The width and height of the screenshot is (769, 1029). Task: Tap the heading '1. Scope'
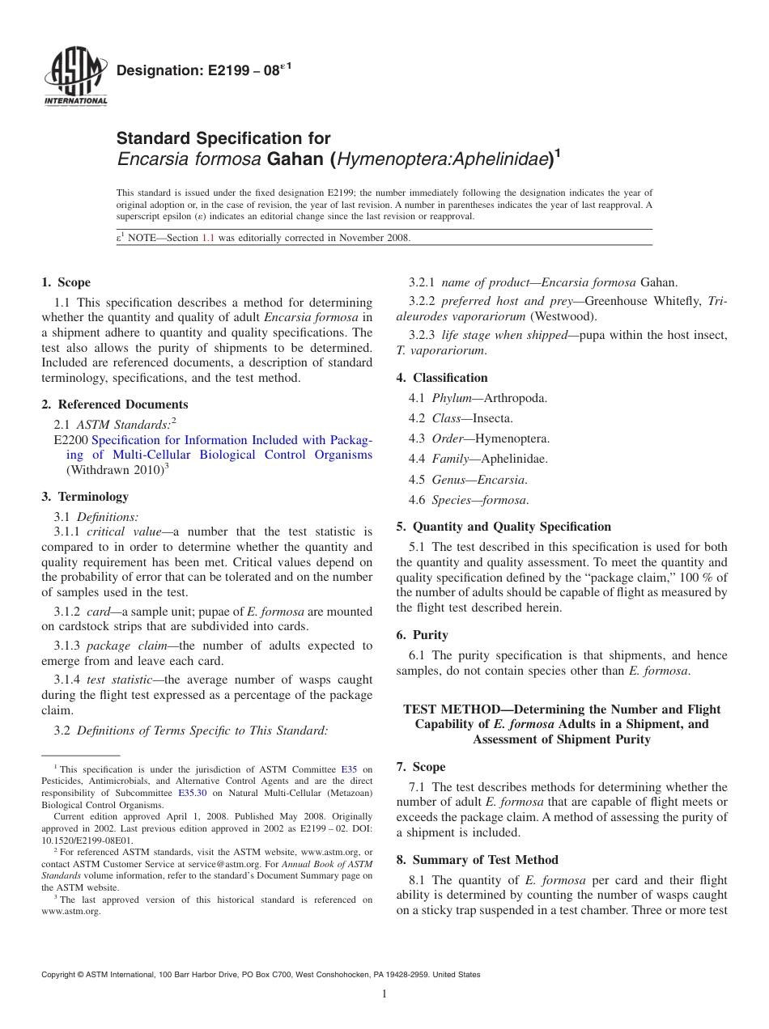[66, 282]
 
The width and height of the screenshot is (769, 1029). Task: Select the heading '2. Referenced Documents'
[115, 404]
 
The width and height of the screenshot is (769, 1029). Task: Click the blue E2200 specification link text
[232, 447]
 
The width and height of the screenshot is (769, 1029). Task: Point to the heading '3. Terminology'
[85, 496]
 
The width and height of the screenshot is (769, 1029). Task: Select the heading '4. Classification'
[442, 377]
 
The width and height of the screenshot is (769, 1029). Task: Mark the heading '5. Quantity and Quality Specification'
[503, 526]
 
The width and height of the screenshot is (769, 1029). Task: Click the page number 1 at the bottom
[384, 993]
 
